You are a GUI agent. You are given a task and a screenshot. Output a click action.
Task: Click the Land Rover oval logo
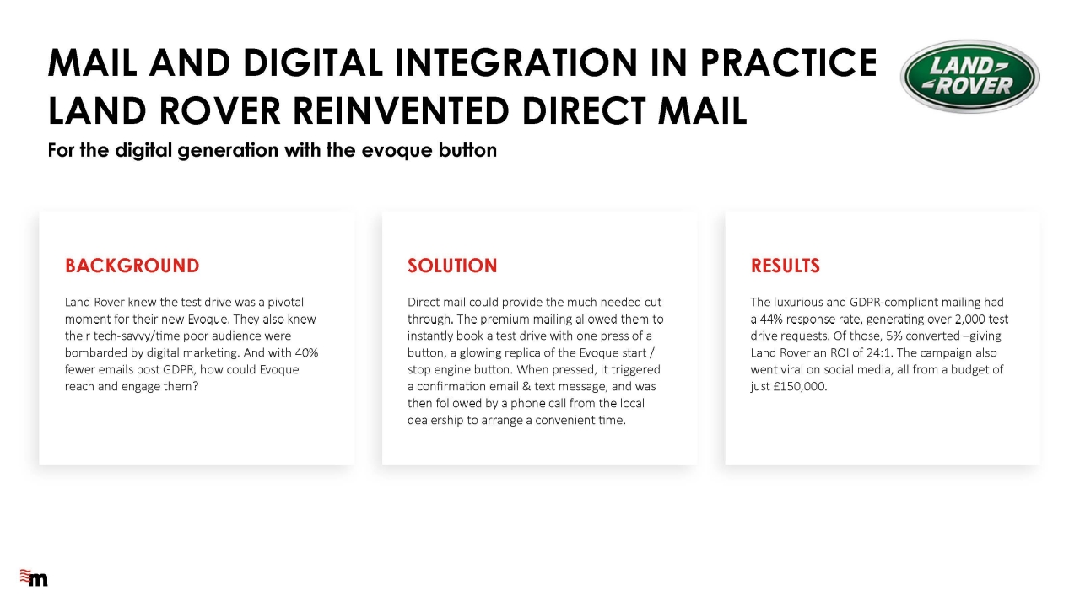(x=969, y=77)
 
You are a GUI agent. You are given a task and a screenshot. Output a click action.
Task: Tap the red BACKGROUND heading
(x=132, y=266)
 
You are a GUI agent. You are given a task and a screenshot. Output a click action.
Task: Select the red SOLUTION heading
(x=452, y=266)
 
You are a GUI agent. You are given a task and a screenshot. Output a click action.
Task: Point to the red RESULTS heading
(x=785, y=266)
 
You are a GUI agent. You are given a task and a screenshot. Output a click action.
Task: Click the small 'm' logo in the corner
(x=34, y=577)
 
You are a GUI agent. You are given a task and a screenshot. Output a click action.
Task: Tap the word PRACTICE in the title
(x=788, y=62)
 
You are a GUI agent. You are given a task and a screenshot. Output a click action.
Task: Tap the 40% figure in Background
(x=306, y=352)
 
